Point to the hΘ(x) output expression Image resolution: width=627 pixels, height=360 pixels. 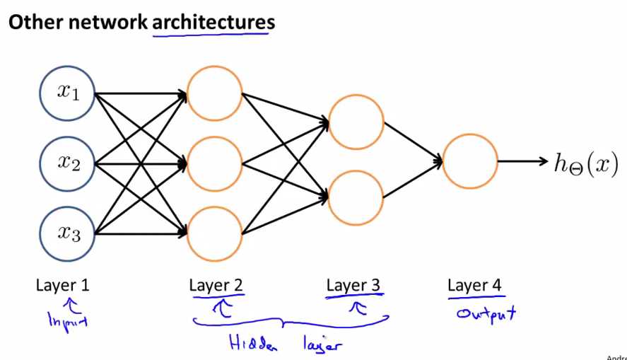(x=586, y=163)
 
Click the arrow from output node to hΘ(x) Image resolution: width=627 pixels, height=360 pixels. (x=522, y=161)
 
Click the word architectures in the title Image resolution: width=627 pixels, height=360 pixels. (x=213, y=22)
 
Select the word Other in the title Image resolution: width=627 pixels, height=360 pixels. (x=35, y=22)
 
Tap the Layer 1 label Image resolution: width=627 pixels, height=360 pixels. (x=62, y=286)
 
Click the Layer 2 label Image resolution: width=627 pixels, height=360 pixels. (x=216, y=286)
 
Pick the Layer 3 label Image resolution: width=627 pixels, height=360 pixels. (x=353, y=286)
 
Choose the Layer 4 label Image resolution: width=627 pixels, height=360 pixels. (x=474, y=286)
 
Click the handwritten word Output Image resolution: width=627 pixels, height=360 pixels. (x=486, y=314)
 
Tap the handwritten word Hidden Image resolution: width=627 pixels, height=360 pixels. (x=253, y=343)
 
